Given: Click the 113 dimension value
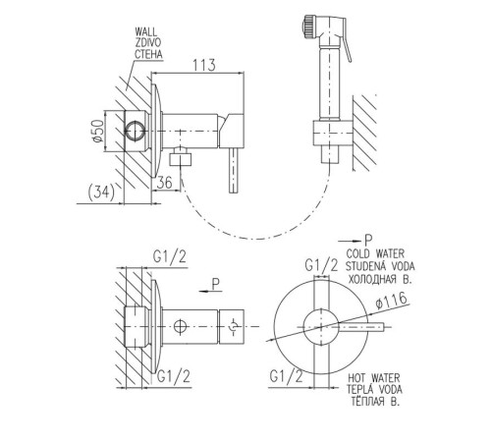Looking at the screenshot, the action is [204, 65].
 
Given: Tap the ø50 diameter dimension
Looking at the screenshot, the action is [98, 131].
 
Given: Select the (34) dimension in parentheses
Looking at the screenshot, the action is [101, 192].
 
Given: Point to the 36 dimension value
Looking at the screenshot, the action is [164, 183].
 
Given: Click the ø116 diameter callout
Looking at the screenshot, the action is [392, 301].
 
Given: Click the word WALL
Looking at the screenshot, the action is [146, 32].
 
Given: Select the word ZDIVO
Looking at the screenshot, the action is [148, 43].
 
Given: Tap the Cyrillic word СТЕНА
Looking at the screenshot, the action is [148, 54].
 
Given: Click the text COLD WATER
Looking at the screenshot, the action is [375, 253].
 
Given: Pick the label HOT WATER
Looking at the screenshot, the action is [374, 378].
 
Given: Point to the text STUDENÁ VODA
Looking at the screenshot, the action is [380, 266].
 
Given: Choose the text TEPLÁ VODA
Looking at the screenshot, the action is [375, 390].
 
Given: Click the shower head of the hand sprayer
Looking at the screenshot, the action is [307, 27].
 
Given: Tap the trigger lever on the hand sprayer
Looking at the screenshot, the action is [347, 41].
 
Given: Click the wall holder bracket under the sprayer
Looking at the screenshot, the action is [332, 133].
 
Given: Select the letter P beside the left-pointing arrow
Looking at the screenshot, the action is [215, 284].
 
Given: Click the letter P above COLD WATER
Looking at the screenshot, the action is [368, 241].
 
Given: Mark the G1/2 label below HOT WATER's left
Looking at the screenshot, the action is [287, 376].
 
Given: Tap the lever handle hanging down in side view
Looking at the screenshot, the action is [234, 170].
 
